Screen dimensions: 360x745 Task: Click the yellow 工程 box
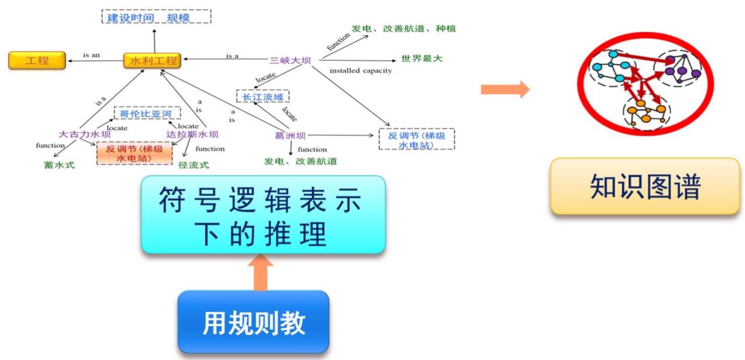37,60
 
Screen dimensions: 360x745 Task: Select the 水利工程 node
152,60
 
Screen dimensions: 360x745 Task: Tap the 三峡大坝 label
291,60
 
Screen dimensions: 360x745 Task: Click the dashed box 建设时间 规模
156,18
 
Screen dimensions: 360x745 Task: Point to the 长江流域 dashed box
262,96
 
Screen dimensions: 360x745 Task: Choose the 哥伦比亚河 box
147,113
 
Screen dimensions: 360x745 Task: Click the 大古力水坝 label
85,135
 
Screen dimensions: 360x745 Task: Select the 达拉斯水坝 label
192,135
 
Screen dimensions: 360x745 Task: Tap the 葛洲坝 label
291,136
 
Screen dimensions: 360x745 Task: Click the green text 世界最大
422,59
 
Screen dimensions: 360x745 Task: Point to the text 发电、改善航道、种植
404,29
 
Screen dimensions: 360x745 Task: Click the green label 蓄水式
59,165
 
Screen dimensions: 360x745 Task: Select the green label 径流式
193,165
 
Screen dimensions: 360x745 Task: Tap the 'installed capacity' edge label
360,71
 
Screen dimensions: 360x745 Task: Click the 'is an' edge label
91,55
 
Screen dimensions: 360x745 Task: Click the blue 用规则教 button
253,322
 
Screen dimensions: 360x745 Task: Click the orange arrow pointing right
505,89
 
